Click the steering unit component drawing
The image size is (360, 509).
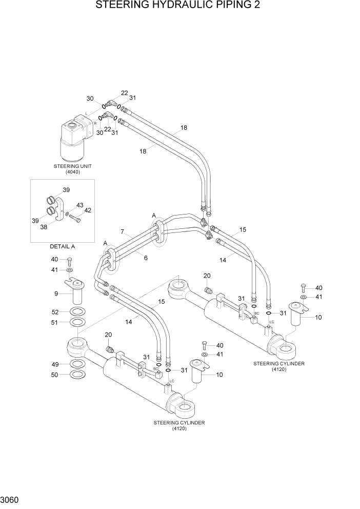coord(75,139)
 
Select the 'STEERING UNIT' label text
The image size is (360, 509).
coord(73,166)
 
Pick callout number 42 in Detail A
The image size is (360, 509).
coord(87,210)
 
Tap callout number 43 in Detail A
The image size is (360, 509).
coord(79,205)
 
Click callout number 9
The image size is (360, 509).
coord(56,293)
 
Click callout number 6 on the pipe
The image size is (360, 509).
coord(146,258)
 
